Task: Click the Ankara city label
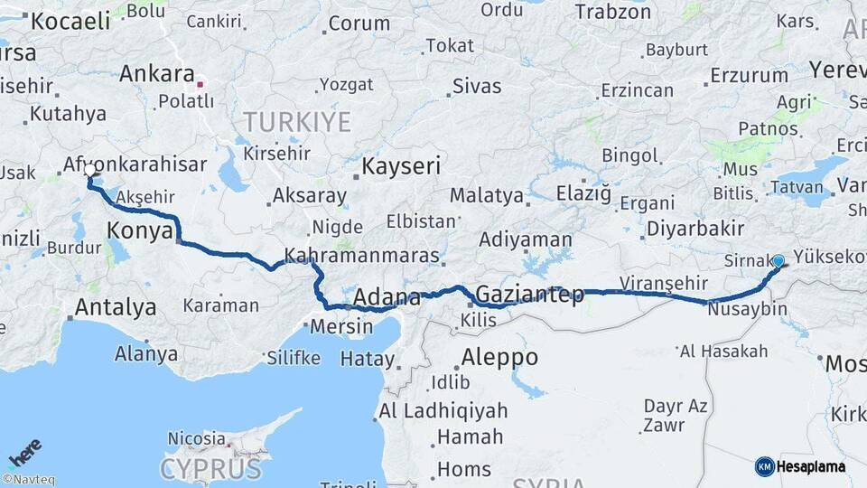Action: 156,73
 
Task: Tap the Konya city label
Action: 140,230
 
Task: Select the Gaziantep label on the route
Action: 529,294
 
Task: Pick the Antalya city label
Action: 115,307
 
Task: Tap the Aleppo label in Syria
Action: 499,357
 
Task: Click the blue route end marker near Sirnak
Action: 778,261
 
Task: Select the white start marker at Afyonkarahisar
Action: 89,169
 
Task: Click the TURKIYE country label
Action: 297,121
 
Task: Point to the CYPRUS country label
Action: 210,469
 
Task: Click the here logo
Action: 24,453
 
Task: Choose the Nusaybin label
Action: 748,309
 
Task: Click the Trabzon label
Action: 612,12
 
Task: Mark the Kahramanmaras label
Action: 362,256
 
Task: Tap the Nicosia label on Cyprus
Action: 197,438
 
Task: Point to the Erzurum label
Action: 749,75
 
